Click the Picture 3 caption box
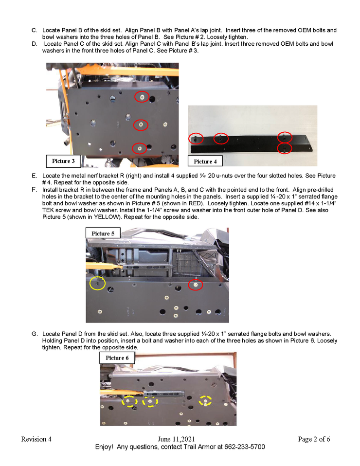(63, 161)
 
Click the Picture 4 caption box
(205, 161)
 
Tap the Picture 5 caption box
(103, 233)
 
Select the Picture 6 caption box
(117, 358)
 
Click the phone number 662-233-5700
(245, 447)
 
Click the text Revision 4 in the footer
(36, 439)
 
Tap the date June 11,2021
(176, 439)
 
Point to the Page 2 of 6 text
(314, 439)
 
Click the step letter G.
(35, 334)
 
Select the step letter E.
(34, 176)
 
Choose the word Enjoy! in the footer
(104, 447)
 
